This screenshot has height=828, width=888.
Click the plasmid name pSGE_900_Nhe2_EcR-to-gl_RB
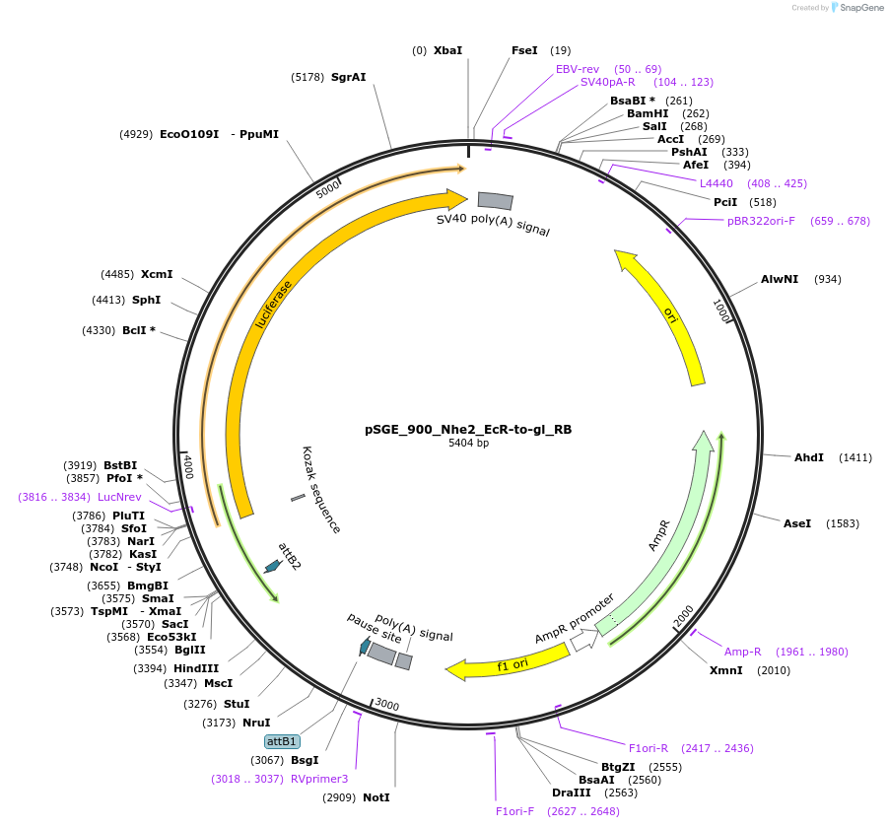pos(468,430)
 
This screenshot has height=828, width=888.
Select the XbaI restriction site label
pos(447,50)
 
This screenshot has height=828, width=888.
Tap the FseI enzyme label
pos(524,50)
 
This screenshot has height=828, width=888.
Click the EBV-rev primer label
pos(578,69)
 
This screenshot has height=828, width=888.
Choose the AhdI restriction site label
pos(808,457)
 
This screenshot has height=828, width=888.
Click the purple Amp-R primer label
pos(743,652)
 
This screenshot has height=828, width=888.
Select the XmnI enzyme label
pos(726,670)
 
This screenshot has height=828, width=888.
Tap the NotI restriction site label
pos(376,796)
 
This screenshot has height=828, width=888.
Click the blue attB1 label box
pos(282,741)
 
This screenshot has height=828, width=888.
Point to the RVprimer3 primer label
pos(319,779)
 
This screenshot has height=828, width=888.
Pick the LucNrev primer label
pos(119,497)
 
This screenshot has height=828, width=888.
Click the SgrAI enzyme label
pos(348,77)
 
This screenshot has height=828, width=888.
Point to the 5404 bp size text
pos(468,444)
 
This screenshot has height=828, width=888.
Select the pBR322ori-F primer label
pos(761,221)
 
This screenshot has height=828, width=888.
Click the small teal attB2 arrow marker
pos(272,566)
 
